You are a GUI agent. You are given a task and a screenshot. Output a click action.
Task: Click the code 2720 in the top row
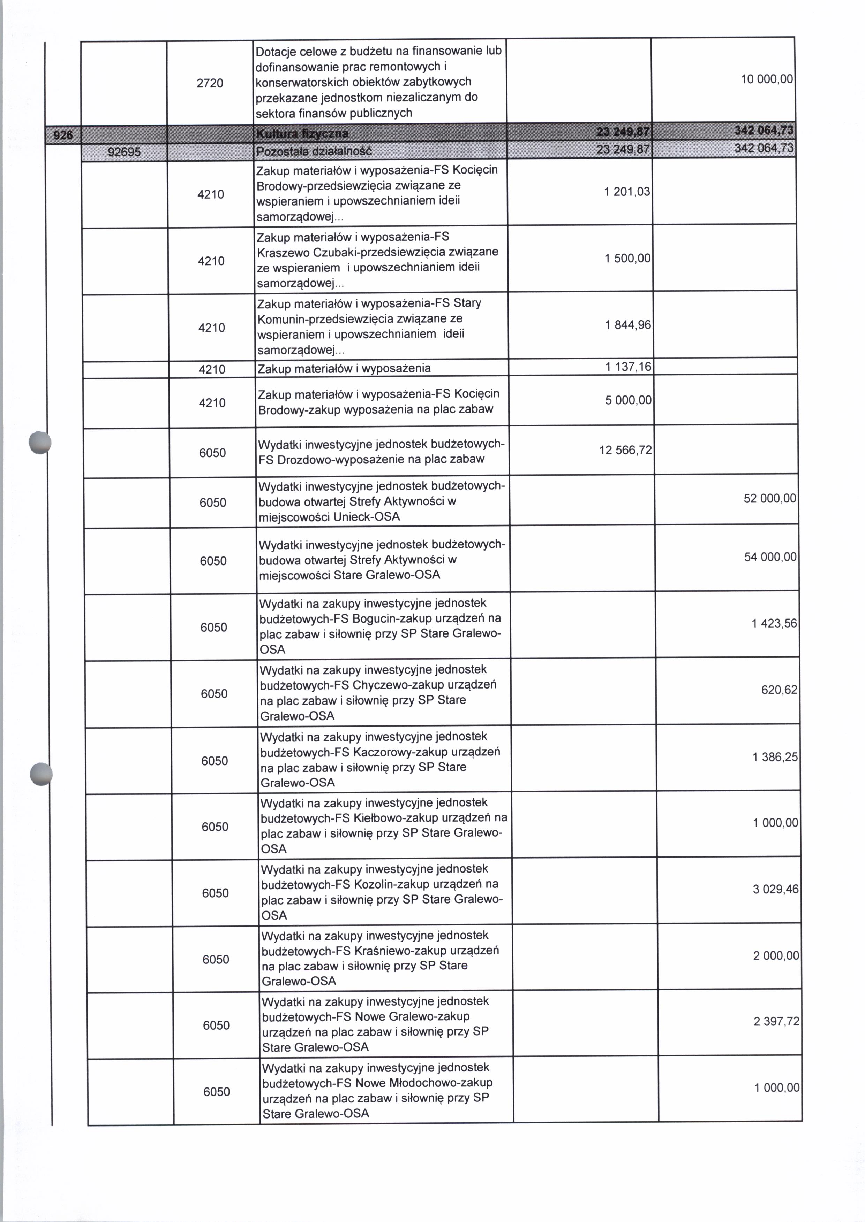[x=210, y=83]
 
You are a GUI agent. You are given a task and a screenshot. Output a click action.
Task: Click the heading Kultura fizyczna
[x=302, y=133]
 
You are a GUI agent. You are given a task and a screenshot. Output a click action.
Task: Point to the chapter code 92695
[x=124, y=152]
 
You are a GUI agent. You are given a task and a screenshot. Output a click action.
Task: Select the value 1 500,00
[x=627, y=259]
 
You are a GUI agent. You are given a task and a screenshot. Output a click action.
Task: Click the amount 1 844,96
[x=628, y=325]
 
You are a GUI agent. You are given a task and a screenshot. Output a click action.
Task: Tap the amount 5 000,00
[x=628, y=400]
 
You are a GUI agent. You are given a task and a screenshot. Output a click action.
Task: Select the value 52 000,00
[x=770, y=499]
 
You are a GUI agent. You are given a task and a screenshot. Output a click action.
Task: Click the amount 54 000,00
[x=770, y=557]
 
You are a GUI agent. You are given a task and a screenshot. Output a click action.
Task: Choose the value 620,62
[x=779, y=690]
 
